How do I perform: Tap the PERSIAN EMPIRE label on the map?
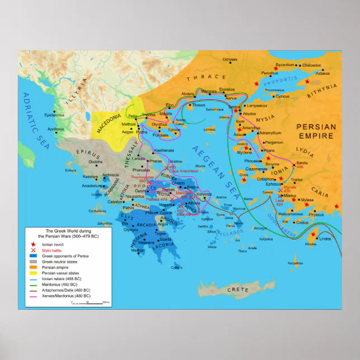coord(316,131)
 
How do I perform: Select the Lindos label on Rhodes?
coord(326,239)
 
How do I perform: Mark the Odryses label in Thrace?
coord(230,59)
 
